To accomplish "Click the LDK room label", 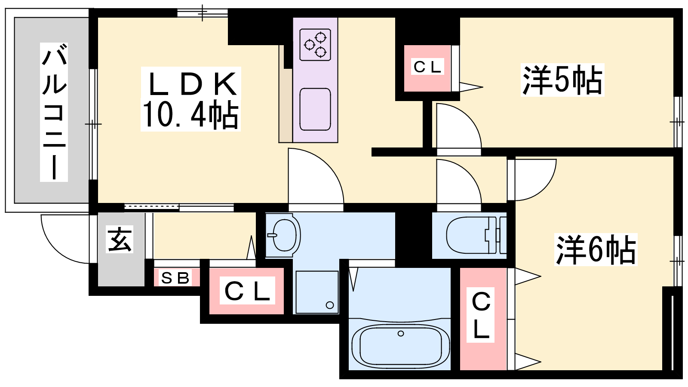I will click(192, 84).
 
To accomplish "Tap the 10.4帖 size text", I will click(190, 115).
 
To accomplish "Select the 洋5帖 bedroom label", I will click(562, 80).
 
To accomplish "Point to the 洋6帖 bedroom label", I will click(596, 249).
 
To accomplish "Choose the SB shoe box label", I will click(175, 278).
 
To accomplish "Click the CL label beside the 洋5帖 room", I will click(427, 67).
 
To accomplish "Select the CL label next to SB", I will click(247, 291).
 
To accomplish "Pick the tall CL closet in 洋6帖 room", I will click(481, 316).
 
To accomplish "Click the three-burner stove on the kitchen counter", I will click(315, 44).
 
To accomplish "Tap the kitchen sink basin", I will click(315, 109).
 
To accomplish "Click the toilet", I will click(473, 235).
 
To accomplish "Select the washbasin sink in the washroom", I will click(283, 235).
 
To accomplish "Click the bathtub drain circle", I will click(401, 333).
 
